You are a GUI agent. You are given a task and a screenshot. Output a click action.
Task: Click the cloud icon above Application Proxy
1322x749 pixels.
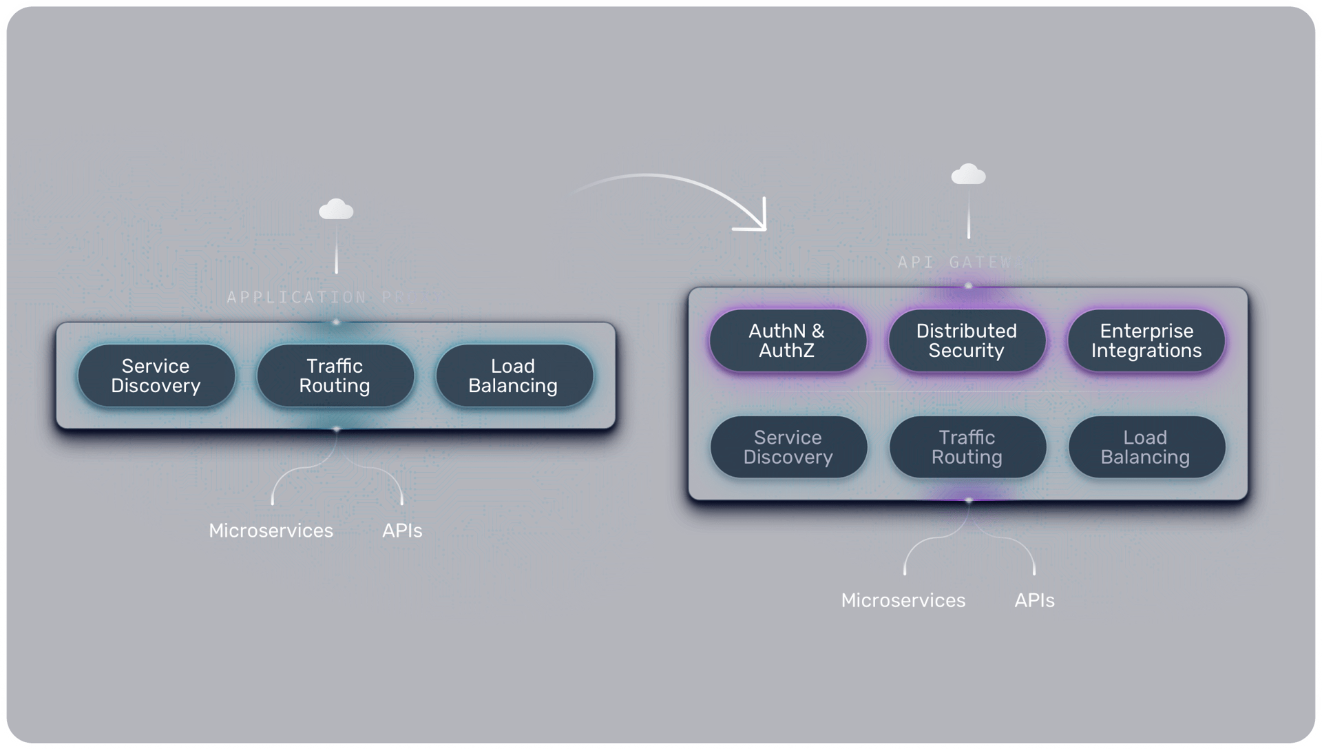pos(336,209)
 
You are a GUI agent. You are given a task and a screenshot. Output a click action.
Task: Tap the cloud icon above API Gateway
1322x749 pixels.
pos(968,174)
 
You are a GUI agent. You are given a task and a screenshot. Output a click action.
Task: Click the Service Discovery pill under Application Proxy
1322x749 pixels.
pos(156,376)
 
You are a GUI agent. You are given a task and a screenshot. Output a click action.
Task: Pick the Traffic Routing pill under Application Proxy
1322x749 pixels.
pos(335,376)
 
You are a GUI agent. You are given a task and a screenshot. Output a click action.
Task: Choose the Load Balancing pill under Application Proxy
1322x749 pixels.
pos(514,376)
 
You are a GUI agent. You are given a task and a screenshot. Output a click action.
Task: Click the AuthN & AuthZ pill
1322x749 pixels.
pos(787,340)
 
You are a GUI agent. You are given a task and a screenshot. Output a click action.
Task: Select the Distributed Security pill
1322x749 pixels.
pos(967,340)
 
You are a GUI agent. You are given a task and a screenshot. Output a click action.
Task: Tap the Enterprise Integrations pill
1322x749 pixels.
pos(1146,340)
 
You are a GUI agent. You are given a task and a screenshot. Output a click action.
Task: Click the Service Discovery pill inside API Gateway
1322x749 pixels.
pos(788,447)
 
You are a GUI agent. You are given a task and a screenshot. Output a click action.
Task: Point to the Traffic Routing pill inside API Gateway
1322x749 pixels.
pos(967,447)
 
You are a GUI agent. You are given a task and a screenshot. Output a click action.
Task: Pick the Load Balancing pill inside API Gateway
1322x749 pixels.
pos(1146,447)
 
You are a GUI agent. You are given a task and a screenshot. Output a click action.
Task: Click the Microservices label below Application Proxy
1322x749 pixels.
pos(271,531)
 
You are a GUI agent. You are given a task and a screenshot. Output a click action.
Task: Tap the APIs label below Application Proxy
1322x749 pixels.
pos(402,531)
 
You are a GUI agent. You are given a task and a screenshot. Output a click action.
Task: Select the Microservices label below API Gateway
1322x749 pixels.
pos(903,600)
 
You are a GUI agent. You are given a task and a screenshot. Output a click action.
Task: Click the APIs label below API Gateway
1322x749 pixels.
pos(1034,600)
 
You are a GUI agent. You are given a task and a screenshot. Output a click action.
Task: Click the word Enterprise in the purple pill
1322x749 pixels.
pos(1146,331)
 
